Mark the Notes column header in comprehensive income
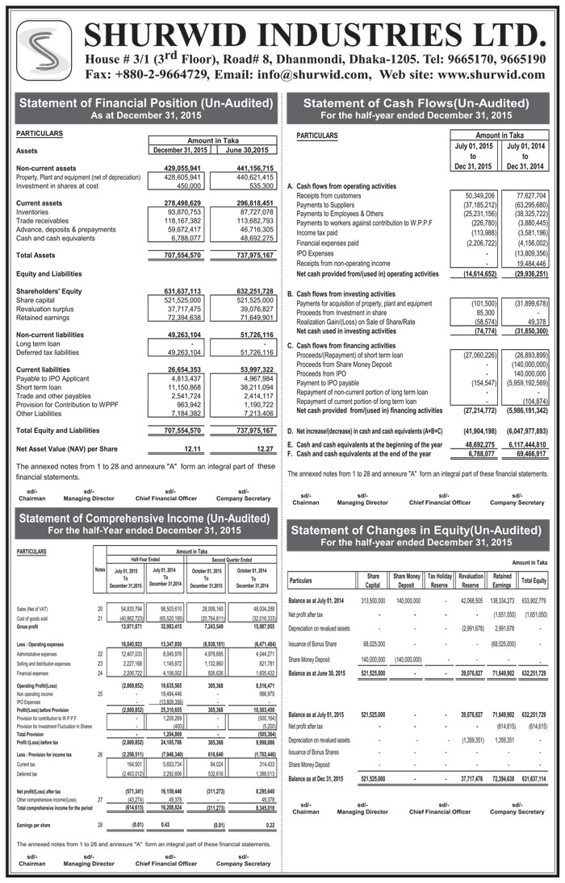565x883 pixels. pyautogui.click(x=100, y=570)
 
